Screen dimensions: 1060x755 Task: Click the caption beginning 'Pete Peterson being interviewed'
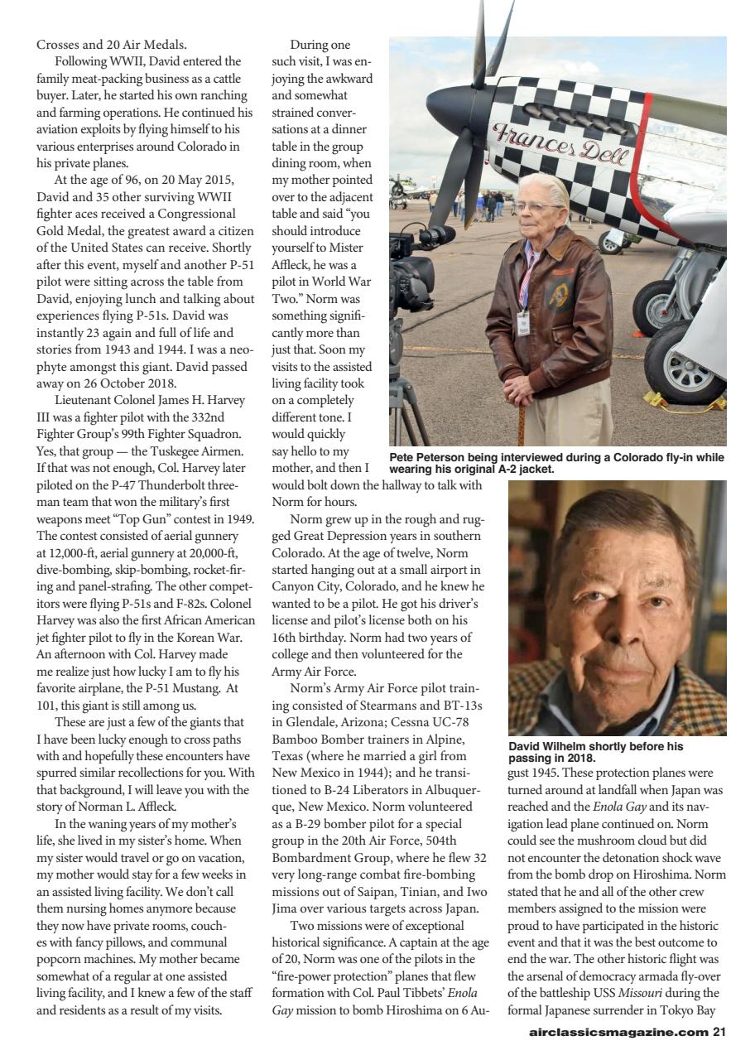coord(556,463)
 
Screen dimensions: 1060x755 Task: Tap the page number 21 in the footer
coord(719,1032)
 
